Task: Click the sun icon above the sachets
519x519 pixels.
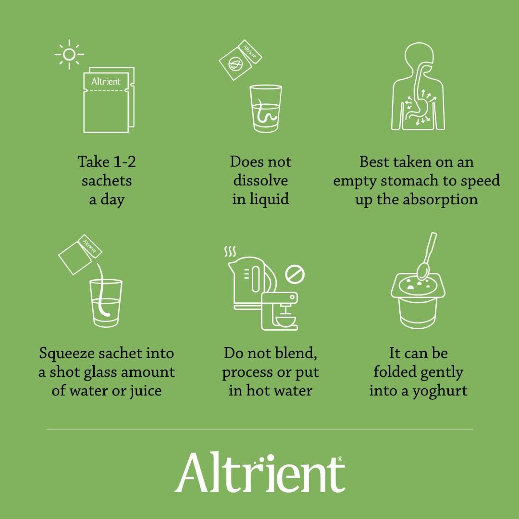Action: (69, 54)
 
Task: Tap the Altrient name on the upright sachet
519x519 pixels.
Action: (106, 81)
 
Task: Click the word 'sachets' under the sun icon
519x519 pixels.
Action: (107, 181)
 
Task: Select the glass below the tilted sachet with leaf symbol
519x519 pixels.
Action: (265, 108)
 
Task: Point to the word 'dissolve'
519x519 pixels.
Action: (260, 181)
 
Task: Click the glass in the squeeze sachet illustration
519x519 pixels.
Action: (106, 303)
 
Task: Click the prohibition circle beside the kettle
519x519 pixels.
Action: (295, 274)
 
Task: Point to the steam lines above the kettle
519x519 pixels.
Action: (230, 251)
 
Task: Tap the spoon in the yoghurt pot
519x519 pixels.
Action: (427, 258)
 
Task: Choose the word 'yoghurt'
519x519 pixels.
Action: (441, 391)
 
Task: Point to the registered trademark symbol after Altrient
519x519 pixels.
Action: (341, 459)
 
